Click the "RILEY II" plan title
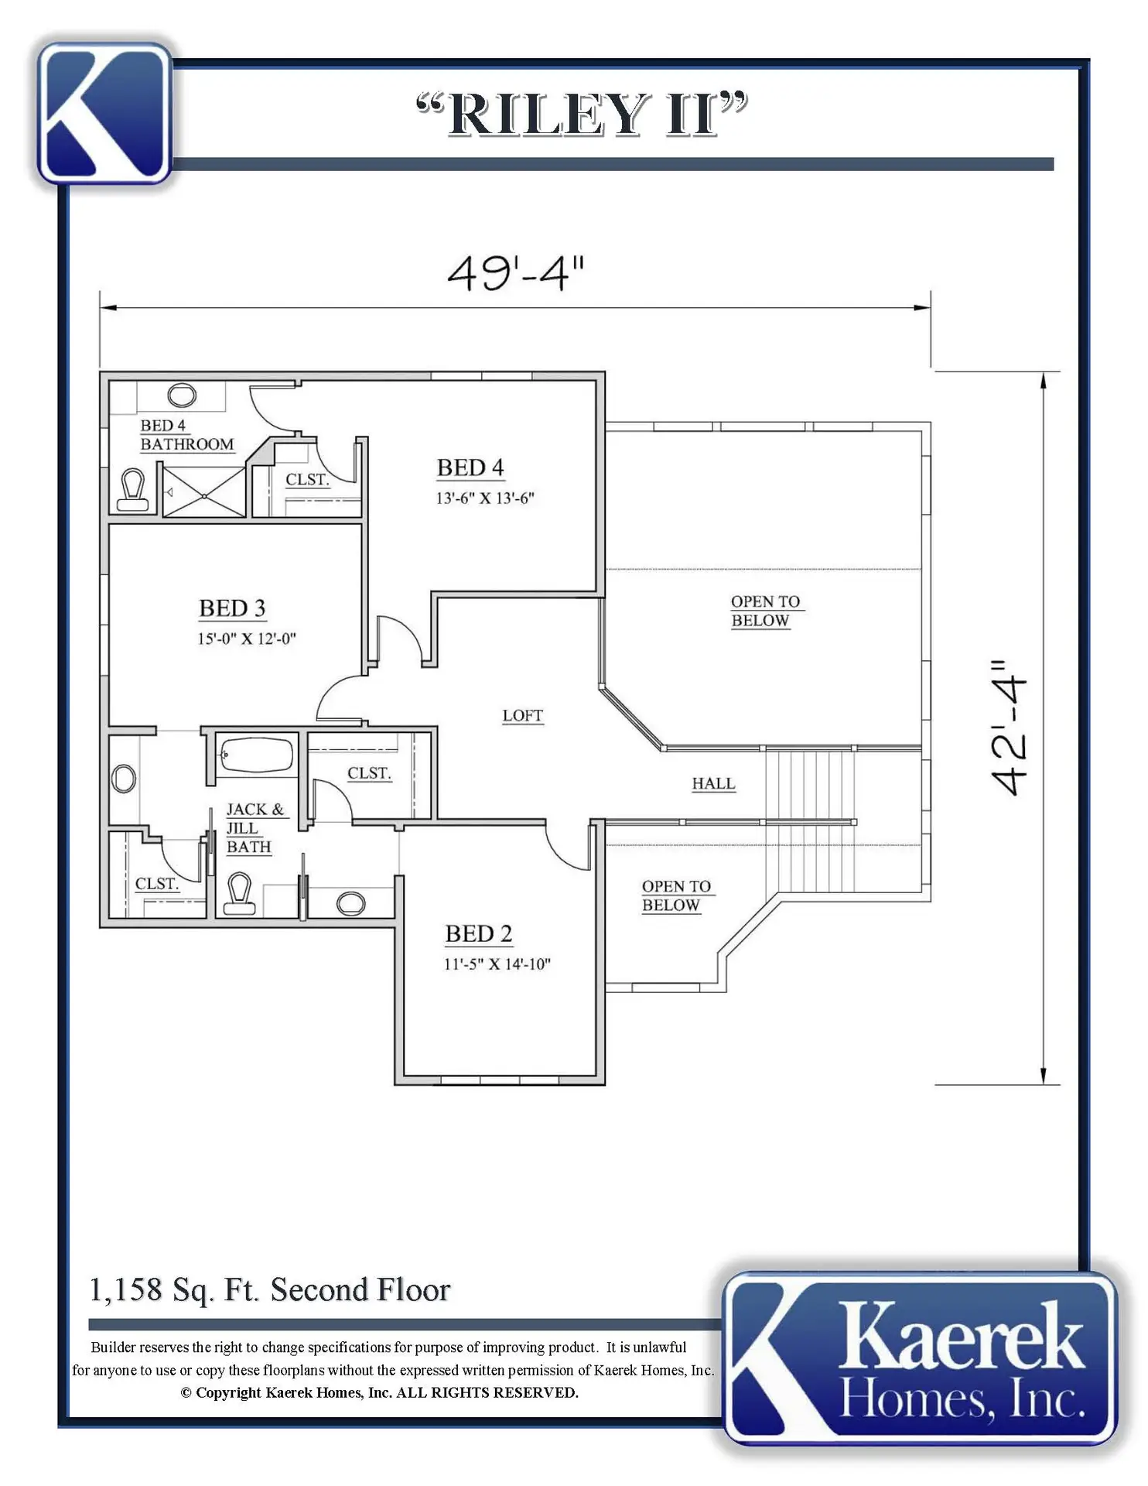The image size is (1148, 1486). coord(582,114)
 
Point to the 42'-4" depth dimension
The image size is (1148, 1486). coord(1010,728)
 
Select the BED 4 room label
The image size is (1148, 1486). coord(470,467)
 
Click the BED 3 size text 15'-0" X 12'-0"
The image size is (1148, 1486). coord(246,639)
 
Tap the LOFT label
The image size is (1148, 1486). coord(523,716)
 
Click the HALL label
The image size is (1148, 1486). coord(713,783)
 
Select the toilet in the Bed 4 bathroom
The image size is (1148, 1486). coord(133,490)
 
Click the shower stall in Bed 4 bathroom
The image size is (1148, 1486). coord(203,490)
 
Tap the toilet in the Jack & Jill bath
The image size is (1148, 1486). coord(239,894)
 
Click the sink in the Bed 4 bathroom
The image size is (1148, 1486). coord(182,395)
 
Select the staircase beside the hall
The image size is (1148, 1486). coord(811,821)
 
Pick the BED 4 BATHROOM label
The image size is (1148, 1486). coord(187,435)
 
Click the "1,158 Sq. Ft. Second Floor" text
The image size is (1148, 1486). coord(270,1290)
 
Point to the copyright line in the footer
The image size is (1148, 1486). coord(379,1392)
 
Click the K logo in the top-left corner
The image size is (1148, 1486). coord(104,113)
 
